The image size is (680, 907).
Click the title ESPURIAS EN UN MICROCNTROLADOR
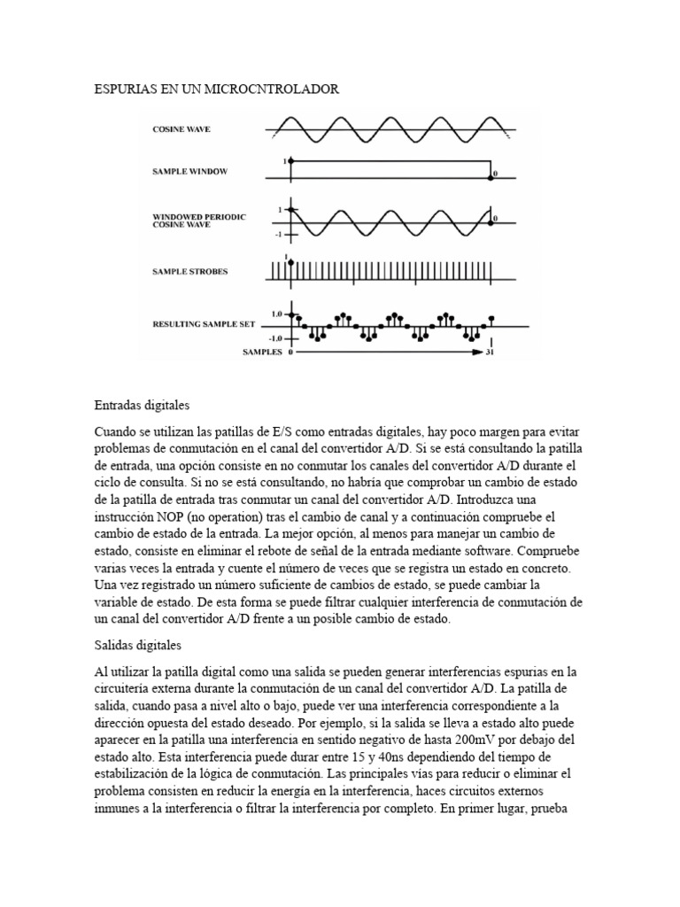tap(216, 89)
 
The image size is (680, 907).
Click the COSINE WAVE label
tap(182, 129)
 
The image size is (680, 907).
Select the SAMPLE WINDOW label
tap(189, 171)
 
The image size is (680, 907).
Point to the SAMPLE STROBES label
tap(190, 271)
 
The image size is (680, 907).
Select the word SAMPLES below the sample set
tap(262, 352)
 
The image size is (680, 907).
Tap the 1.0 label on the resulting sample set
tap(276, 314)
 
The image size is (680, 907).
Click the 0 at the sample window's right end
tap(496, 174)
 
